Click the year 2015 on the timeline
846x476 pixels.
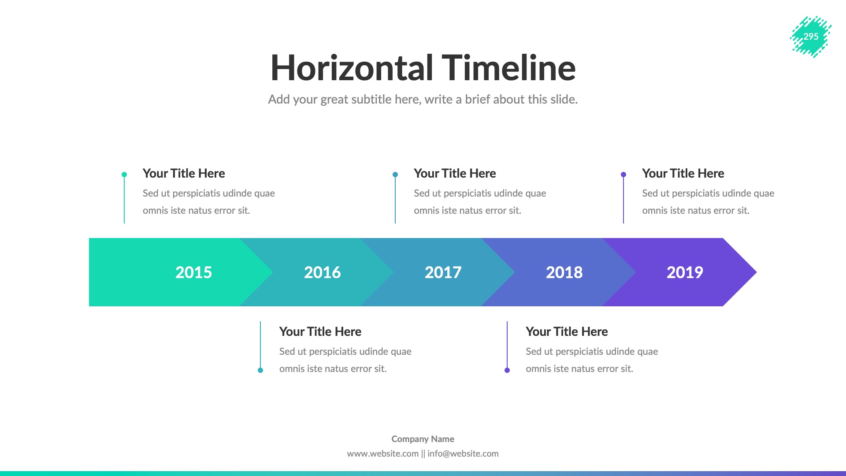pos(193,272)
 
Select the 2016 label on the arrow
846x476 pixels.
pos(322,272)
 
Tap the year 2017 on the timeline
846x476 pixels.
pos(443,272)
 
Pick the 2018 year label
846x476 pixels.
pos(564,272)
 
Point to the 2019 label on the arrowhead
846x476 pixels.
pos(685,272)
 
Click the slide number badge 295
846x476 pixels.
pos(811,37)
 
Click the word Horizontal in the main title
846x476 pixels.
pos(352,68)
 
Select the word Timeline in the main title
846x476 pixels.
pos(508,68)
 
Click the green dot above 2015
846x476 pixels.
pos(124,175)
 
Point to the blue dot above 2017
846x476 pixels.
pos(395,175)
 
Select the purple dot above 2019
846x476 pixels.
pos(623,175)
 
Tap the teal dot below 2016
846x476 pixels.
pos(260,370)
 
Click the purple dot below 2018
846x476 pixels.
pos(507,370)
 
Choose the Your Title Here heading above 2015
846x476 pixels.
pos(184,173)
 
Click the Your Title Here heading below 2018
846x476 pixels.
pos(567,331)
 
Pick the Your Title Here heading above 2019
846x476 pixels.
pos(683,173)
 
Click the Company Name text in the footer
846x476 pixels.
pos(423,439)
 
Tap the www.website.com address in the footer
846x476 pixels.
pos(382,454)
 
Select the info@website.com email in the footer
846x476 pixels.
pos(463,454)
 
